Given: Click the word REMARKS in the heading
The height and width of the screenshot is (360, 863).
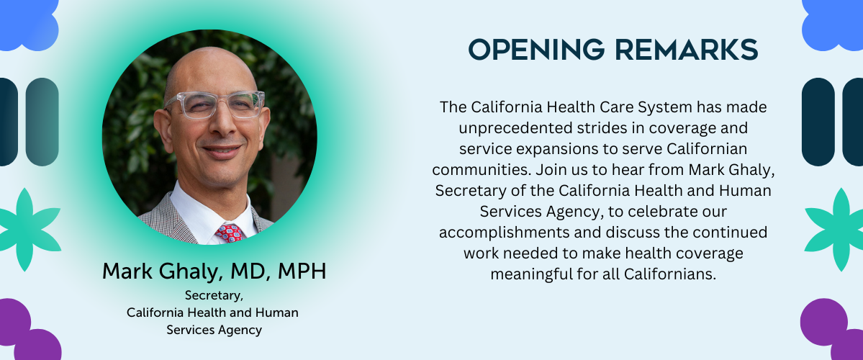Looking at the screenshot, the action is [687, 50].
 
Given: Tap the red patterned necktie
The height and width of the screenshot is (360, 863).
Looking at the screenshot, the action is [230, 233].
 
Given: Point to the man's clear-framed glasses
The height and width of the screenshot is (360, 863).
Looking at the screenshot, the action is [214, 104].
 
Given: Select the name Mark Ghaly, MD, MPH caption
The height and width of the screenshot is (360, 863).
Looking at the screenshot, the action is [214, 271].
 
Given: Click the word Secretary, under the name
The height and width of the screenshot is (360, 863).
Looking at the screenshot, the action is [214, 296].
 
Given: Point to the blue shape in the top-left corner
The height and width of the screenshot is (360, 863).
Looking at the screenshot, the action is [27, 23].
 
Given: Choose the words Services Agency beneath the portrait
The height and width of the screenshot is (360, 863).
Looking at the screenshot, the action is [214, 330].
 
